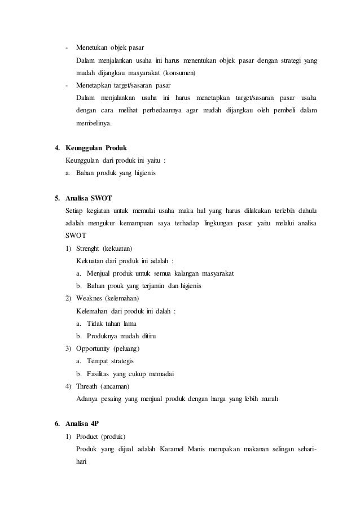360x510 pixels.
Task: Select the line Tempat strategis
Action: pyautogui.click(x=110, y=361)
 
